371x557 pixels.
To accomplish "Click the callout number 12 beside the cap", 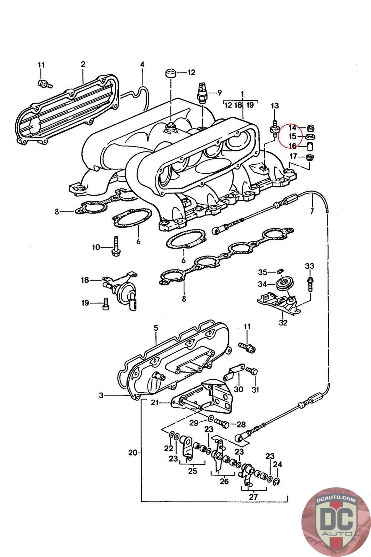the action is [191, 73].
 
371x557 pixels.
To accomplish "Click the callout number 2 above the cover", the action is [83, 64].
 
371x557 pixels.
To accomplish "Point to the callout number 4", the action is [142, 65].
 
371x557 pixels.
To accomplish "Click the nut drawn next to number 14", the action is [310, 128].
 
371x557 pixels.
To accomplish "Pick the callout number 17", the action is [293, 156].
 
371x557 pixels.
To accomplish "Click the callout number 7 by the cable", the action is [312, 211].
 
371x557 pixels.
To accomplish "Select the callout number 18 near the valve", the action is [85, 280].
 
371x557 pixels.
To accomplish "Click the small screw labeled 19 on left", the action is [106, 304].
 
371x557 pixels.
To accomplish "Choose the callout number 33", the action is [309, 266].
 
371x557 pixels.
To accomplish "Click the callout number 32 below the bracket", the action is [283, 323].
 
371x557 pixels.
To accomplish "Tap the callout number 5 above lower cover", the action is [156, 328].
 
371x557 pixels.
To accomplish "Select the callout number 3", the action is [101, 395].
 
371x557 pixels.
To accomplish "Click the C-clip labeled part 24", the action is [277, 482].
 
